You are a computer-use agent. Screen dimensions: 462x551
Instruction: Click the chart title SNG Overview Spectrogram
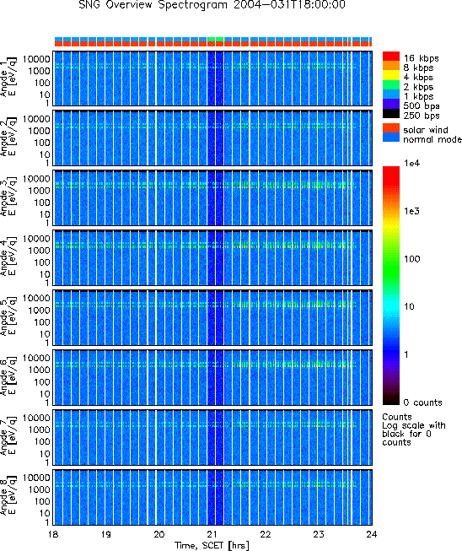[x=153, y=5]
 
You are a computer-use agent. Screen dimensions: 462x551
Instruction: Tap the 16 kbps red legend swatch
[x=391, y=57]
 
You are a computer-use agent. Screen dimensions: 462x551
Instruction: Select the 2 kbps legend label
[x=418, y=87]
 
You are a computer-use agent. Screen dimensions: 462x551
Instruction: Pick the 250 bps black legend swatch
[x=391, y=114]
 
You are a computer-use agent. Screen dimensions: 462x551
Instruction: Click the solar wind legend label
[x=426, y=130]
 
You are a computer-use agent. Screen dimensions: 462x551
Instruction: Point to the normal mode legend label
[x=432, y=139]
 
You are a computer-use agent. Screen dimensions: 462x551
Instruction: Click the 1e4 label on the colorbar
[x=411, y=163]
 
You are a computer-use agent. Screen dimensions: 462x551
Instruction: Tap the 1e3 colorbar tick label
[x=411, y=211]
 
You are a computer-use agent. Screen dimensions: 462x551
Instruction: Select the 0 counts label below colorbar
[x=422, y=402]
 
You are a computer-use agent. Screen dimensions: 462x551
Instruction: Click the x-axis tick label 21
[x=212, y=534]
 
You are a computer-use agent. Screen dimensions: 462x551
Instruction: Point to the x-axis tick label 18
[x=53, y=534]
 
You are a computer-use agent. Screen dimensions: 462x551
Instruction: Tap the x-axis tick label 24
[x=372, y=534]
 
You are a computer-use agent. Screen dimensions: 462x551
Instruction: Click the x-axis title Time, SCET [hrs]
[x=212, y=545]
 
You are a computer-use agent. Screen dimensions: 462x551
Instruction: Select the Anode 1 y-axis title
[x=8, y=78]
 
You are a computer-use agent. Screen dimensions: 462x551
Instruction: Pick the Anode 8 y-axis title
[x=8, y=496]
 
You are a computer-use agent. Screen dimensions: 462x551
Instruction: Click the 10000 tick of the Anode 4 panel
[x=36, y=239]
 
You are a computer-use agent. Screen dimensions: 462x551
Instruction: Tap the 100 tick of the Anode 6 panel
[x=42, y=382]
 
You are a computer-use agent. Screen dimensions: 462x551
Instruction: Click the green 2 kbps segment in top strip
[x=216, y=39]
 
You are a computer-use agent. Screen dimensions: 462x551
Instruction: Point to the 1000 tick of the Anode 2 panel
[x=40, y=131]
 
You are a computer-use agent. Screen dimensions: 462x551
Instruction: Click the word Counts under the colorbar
[x=397, y=417]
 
